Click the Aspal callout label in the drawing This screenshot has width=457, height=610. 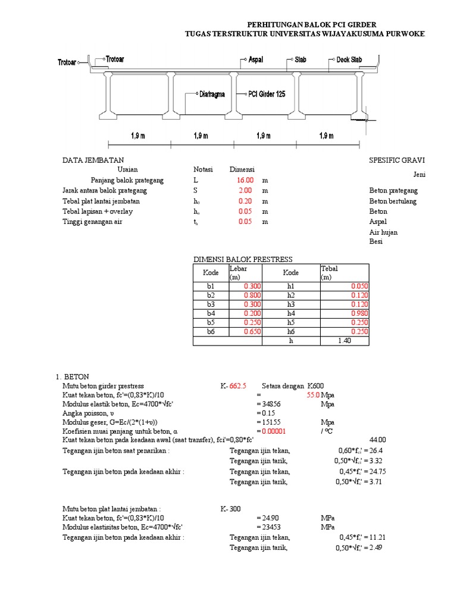(x=255, y=60)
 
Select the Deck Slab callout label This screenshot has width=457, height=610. (x=349, y=60)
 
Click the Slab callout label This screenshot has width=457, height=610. (x=301, y=60)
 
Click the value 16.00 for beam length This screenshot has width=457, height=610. (x=246, y=180)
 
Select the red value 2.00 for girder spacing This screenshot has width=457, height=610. (x=246, y=191)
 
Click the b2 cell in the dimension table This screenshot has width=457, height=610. (x=211, y=295)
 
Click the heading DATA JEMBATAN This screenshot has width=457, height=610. (x=93, y=161)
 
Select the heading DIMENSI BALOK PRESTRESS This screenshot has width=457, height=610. (x=243, y=259)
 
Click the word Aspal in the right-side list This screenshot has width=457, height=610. (x=378, y=222)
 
